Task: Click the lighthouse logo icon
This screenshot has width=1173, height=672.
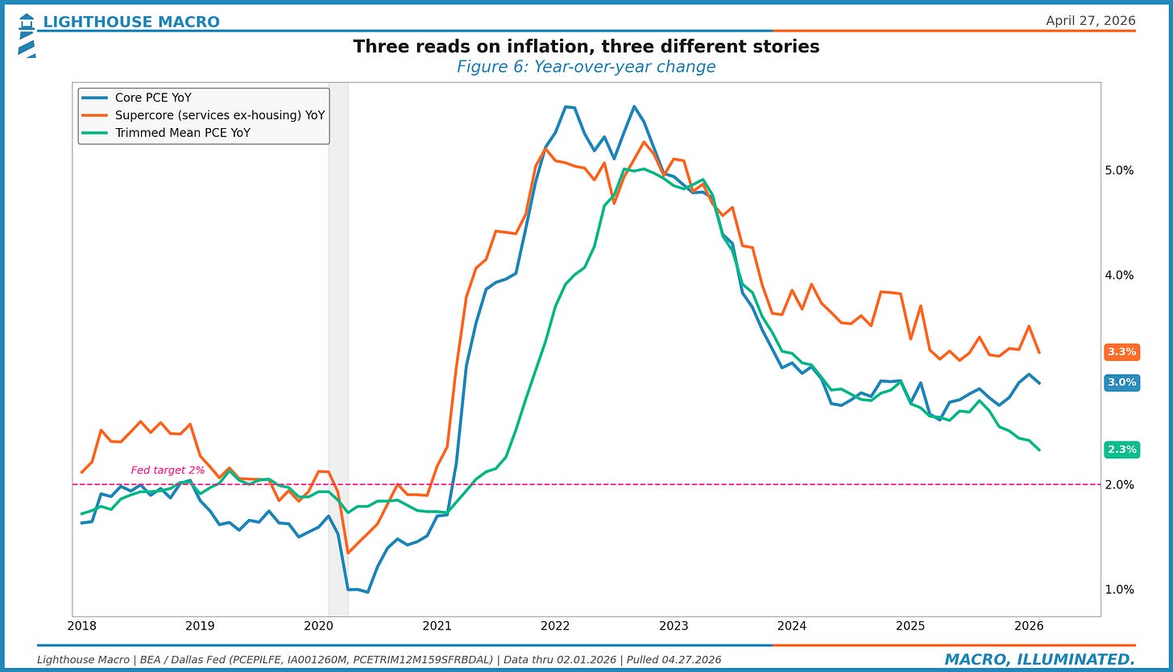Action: click(x=26, y=35)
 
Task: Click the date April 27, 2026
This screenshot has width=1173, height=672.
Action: click(x=1090, y=21)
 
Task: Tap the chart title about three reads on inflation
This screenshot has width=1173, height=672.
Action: click(x=586, y=47)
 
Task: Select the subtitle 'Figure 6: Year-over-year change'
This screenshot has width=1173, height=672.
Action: click(x=586, y=67)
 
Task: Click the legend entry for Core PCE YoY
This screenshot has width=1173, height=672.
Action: click(x=153, y=98)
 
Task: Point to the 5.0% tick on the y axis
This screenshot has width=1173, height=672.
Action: click(x=1119, y=171)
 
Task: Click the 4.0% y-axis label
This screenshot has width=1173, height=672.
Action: click(x=1119, y=276)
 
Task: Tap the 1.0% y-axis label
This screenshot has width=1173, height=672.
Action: click(x=1119, y=590)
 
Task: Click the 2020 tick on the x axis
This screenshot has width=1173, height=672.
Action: click(x=318, y=626)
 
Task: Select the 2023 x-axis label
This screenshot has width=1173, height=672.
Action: click(x=674, y=626)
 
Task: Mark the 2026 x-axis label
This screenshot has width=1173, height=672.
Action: click(x=1029, y=626)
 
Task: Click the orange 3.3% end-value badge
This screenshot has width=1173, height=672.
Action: click(x=1121, y=352)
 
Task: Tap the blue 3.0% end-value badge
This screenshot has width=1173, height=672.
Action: click(x=1121, y=383)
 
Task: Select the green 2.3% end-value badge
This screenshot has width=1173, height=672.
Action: click(x=1121, y=450)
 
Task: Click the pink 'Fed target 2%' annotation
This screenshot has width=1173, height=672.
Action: click(x=168, y=471)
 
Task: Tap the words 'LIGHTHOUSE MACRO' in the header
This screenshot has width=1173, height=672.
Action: click(x=131, y=22)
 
